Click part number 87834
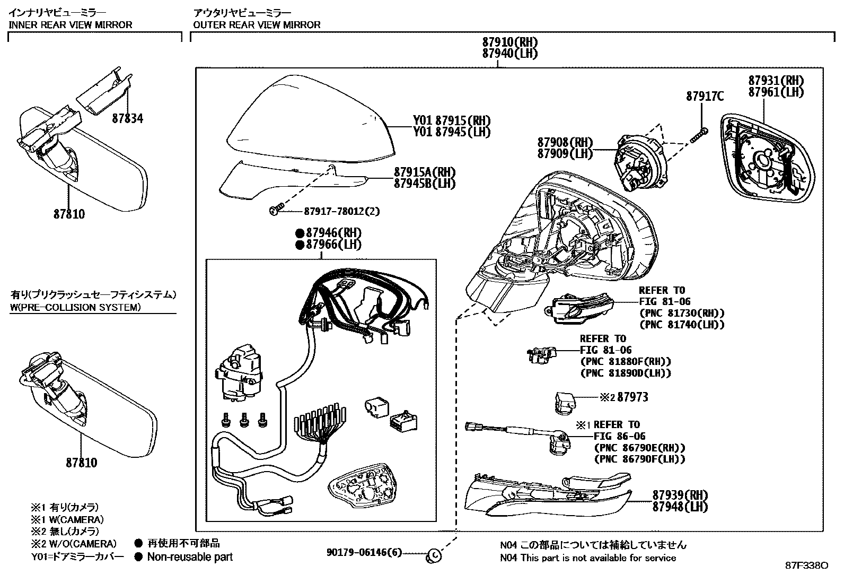coord(127,119)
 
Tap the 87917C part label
coord(705,97)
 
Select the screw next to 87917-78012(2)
coord(274,211)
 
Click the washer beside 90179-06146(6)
coord(434,555)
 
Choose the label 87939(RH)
coord(680,495)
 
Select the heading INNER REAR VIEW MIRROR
coord(71,24)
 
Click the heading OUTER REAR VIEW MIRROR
coord(257,24)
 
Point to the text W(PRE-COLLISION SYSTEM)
coord(76,307)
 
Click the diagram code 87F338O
coord(806,565)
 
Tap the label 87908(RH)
coord(565,142)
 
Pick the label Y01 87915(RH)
coord(452,120)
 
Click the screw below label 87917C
coord(699,135)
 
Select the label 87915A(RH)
coord(425,172)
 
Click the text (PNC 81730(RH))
coord(682,313)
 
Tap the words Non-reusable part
coord(190,556)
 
